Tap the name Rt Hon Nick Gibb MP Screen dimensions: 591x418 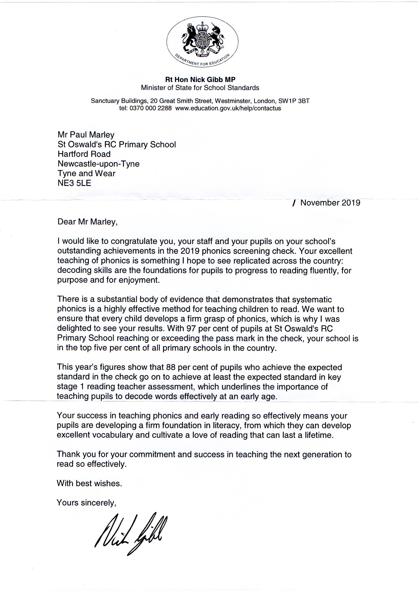point(200,79)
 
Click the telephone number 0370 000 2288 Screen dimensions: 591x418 point(150,108)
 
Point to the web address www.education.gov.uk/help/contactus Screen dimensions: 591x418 point(228,108)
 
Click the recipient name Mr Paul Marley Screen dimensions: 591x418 point(86,135)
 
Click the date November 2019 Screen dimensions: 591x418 point(330,203)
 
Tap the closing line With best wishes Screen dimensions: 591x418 point(89,483)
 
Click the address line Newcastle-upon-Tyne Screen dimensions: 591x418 point(98,164)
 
